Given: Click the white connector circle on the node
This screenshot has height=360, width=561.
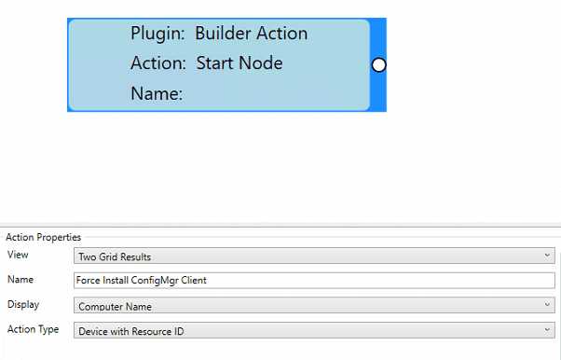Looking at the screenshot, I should point(378,65).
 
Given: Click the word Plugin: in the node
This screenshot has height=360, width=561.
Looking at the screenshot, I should point(157,34).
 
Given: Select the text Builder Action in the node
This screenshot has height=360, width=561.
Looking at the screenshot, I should point(251,34).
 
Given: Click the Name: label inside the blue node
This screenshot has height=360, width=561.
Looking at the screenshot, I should point(156,93).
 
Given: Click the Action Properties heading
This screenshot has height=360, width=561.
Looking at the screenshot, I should point(43,237).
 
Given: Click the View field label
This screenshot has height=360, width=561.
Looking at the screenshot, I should point(18,255).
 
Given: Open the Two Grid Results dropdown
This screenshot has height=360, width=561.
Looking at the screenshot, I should point(313,256).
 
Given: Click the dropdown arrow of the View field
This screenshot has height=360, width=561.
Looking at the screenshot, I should point(545,256).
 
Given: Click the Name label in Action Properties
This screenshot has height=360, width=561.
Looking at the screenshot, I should point(21,279).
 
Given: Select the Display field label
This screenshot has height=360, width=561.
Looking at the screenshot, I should point(22,304).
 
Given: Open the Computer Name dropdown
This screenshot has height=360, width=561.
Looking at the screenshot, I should point(313,305).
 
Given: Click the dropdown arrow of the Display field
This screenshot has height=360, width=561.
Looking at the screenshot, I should point(545,305).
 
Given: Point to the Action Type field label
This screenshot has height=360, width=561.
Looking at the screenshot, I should point(33,329).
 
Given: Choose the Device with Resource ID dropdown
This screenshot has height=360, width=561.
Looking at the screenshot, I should point(313,330).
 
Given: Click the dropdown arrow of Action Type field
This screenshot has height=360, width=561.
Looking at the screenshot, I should point(545,330).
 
